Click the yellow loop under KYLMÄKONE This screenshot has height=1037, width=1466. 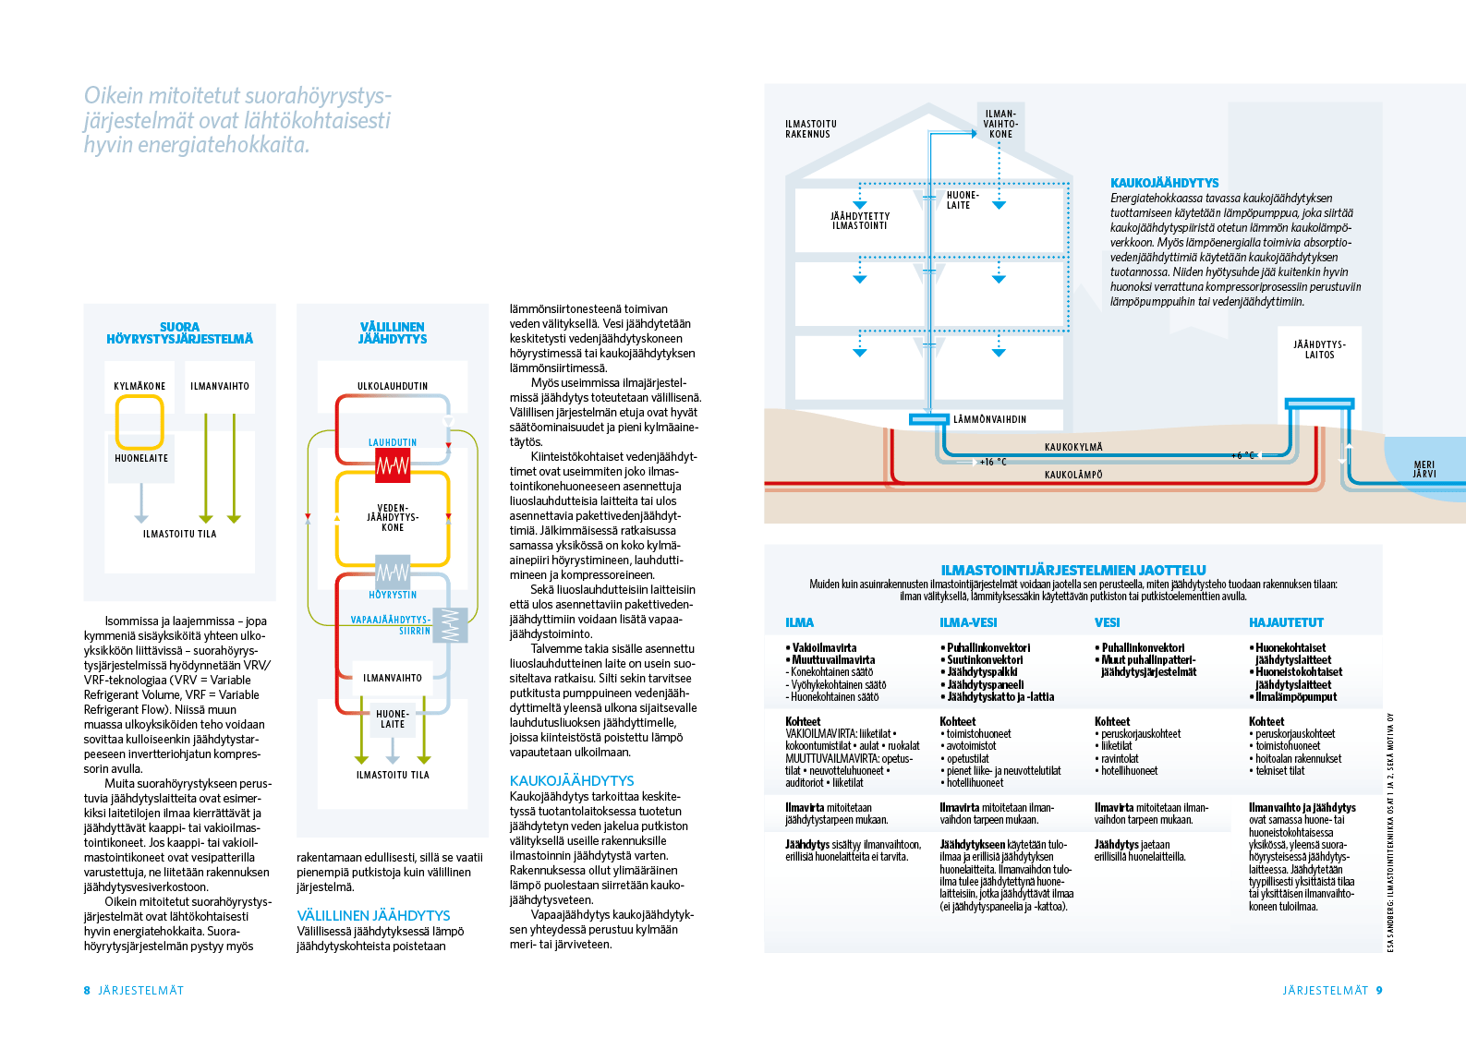click(139, 422)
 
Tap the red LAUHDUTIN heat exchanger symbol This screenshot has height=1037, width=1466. click(393, 465)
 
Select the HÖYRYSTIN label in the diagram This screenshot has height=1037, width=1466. click(393, 595)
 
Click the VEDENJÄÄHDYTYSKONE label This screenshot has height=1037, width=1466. click(393, 518)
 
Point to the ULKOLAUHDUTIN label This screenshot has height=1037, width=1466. click(393, 386)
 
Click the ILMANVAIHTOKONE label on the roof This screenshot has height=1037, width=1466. click(1000, 125)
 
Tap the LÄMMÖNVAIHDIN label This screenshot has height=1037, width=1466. click(989, 419)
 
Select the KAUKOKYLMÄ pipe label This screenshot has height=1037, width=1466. click(1073, 447)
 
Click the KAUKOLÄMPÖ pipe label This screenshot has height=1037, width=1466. click(1073, 475)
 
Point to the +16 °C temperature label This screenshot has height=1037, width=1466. click(993, 462)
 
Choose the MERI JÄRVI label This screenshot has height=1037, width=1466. click(1424, 469)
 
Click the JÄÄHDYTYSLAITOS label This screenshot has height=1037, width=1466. click(1319, 349)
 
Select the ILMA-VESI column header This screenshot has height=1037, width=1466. click(968, 622)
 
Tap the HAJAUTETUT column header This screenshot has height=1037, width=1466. click(1286, 622)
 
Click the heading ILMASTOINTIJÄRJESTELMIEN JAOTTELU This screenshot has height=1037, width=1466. click(1073, 570)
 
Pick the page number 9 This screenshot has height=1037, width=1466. click(1379, 990)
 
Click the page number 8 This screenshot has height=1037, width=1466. click(87, 990)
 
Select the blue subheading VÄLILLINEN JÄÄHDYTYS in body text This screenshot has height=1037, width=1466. click(373, 915)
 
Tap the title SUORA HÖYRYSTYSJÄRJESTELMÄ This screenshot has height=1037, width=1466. click(179, 332)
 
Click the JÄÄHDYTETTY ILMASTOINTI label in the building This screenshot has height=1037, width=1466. click(860, 221)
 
